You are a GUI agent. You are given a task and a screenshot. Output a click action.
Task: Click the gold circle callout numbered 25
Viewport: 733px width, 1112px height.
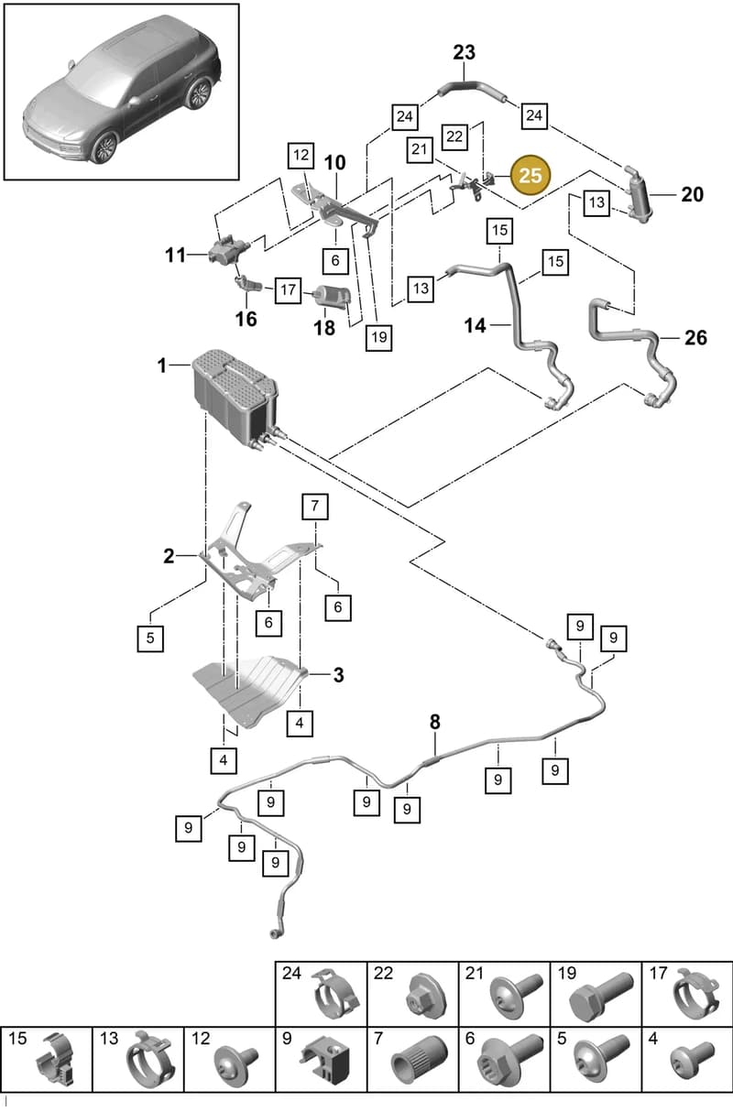tap(531, 175)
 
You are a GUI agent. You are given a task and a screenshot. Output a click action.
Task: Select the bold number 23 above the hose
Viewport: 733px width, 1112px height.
tap(464, 52)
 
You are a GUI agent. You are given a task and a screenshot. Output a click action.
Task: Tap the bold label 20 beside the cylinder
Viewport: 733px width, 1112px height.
tap(693, 194)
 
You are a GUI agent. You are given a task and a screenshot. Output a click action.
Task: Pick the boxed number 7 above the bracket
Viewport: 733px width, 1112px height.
tap(315, 507)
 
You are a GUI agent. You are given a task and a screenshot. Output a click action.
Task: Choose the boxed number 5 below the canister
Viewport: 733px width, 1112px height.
tap(150, 638)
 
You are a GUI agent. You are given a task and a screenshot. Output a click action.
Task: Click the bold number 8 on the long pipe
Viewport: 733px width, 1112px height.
tap(435, 722)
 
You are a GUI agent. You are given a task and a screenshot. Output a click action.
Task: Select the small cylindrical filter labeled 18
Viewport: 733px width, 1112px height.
tap(333, 297)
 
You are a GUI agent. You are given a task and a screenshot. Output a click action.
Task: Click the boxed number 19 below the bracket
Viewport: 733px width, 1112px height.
tap(378, 338)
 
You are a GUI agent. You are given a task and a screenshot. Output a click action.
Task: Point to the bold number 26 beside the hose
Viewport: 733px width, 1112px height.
tap(695, 338)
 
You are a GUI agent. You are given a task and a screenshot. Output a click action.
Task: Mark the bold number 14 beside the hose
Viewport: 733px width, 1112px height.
tap(475, 326)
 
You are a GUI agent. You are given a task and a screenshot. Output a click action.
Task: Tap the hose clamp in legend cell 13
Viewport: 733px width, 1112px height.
tap(150, 1060)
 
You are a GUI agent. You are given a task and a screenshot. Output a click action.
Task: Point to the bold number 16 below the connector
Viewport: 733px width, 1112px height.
tap(246, 319)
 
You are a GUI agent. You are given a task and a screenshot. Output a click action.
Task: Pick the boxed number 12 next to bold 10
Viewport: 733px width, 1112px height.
tap(301, 155)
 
